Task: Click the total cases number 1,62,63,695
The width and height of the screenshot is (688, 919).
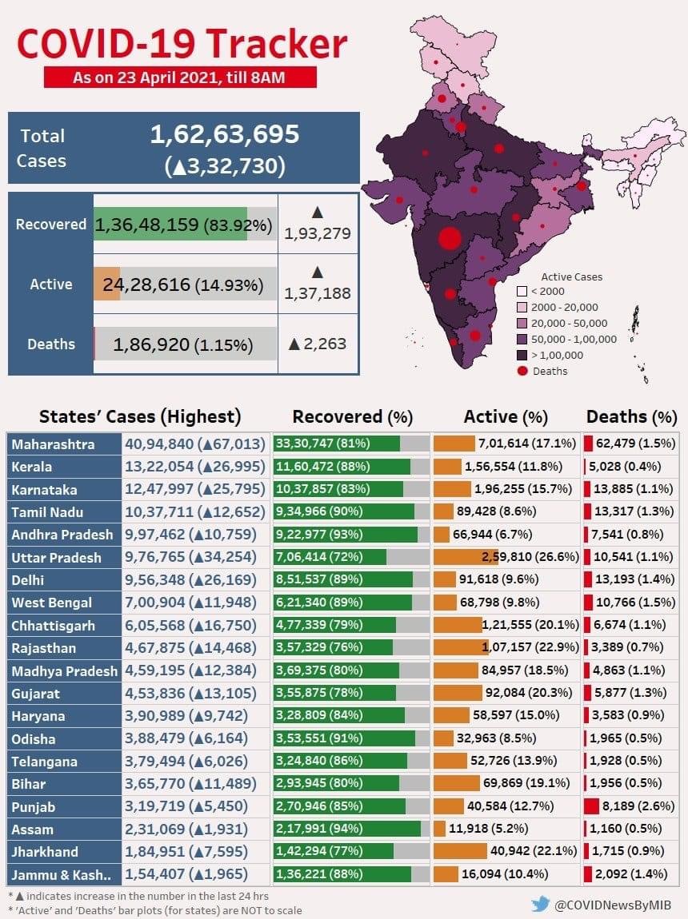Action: click(x=225, y=134)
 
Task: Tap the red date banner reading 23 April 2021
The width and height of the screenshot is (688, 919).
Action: click(x=180, y=78)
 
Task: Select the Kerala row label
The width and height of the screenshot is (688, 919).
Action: click(x=32, y=467)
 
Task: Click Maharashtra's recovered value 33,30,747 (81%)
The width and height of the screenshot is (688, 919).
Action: click(x=322, y=443)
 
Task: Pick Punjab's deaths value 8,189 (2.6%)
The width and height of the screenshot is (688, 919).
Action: click(x=638, y=806)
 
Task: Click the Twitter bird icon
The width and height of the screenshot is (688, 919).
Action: click(x=540, y=904)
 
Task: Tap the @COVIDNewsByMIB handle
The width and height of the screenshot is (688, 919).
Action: click(x=612, y=905)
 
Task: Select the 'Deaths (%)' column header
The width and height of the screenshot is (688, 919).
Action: click(x=632, y=416)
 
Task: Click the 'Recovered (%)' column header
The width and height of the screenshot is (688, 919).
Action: click(x=353, y=416)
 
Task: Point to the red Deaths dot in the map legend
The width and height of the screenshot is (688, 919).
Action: click(x=522, y=371)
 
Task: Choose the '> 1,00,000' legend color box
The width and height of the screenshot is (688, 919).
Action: click(x=522, y=355)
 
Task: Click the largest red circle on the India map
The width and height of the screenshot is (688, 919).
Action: click(x=450, y=239)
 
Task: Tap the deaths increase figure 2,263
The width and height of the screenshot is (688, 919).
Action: click(x=318, y=344)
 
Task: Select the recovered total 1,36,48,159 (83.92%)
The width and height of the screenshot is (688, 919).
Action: click(x=183, y=225)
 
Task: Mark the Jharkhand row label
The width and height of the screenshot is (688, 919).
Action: click(x=45, y=852)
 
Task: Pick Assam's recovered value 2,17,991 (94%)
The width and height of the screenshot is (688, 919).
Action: click(x=320, y=828)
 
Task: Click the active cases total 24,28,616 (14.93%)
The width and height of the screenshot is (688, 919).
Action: click(x=183, y=284)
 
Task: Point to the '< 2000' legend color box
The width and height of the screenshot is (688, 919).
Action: click(x=522, y=292)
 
